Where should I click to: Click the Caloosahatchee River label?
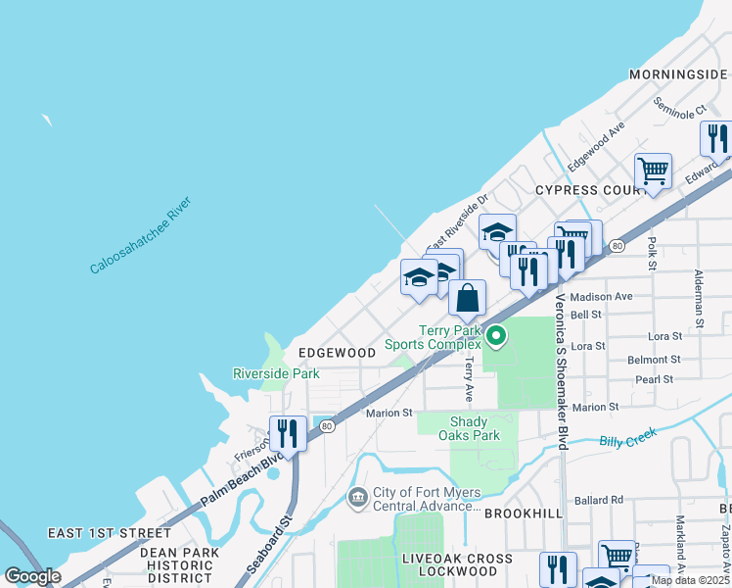click(x=139, y=236)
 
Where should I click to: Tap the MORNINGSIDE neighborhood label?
click(x=677, y=74)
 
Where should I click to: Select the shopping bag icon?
click(x=468, y=298)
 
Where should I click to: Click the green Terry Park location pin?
click(x=496, y=336)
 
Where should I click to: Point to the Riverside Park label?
click(x=276, y=373)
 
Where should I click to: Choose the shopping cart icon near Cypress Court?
click(x=653, y=171)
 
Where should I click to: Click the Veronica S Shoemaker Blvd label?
click(x=562, y=371)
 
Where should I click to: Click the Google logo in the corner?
click(x=32, y=575)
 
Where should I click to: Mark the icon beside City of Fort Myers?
click(x=358, y=499)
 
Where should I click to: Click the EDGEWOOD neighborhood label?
click(x=337, y=352)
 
